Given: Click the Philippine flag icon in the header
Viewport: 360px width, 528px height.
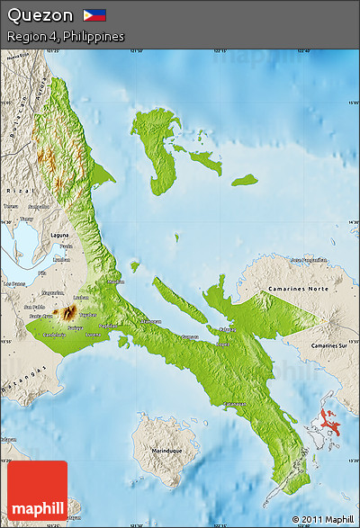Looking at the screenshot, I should [94, 15].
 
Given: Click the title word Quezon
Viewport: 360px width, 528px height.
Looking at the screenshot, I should [40, 15].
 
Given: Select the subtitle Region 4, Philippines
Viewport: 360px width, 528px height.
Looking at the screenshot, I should [65, 36].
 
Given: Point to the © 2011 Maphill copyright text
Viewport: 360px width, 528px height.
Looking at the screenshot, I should [322, 520].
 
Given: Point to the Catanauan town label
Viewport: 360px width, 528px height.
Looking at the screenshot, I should [236, 404].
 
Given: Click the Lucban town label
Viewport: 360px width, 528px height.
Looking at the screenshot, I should [81, 297].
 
